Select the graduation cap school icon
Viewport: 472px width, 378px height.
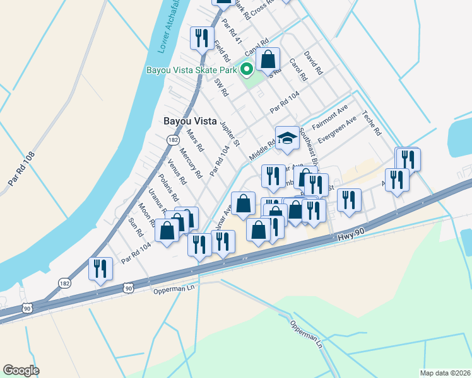pyautogui.click(x=287, y=137)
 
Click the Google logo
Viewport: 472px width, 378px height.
pyautogui.click(x=21, y=370)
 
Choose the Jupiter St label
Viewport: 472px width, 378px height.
pyautogui.click(x=229, y=134)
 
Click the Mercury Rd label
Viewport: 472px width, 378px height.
pyautogui.click(x=190, y=163)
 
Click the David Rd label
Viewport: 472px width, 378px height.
pyautogui.click(x=313, y=64)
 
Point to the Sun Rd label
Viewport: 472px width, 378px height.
pyautogui.click(x=136, y=227)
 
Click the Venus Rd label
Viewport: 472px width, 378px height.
pyautogui.click(x=177, y=172)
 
